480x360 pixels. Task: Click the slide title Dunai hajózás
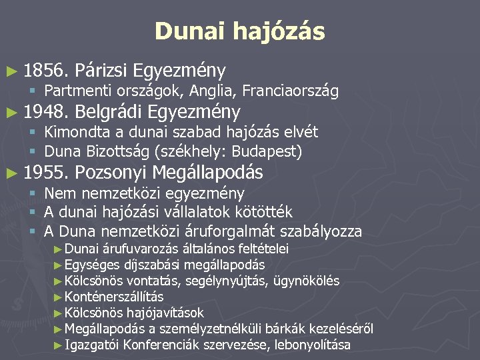click(239, 31)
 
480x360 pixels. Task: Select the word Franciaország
click(291, 90)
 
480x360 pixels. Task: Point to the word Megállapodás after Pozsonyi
click(207, 173)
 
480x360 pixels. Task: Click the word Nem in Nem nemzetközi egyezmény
click(58, 193)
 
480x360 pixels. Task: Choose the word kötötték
click(259, 213)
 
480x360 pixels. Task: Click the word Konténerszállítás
click(114, 297)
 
